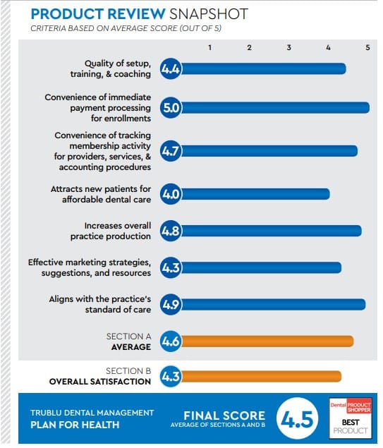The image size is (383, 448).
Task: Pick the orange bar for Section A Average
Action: click(x=267, y=342)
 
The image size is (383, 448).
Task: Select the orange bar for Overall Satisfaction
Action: click(x=260, y=376)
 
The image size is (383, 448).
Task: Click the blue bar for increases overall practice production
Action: click(x=271, y=231)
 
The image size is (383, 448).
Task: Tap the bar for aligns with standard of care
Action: click(x=272, y=304)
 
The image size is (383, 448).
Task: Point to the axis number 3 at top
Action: click(x=289, y=47)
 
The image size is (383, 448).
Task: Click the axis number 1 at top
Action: click(x=210, y=47)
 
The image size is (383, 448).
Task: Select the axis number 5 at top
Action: click(x=367, y=47)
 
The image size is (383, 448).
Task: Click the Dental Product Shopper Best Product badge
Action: click(x=350, y=417)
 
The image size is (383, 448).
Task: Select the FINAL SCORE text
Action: click(x=224, y=416)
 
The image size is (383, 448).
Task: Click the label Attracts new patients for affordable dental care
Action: click(x=101, y=194)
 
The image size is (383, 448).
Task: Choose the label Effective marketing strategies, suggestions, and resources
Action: click(x=90, y=267)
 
